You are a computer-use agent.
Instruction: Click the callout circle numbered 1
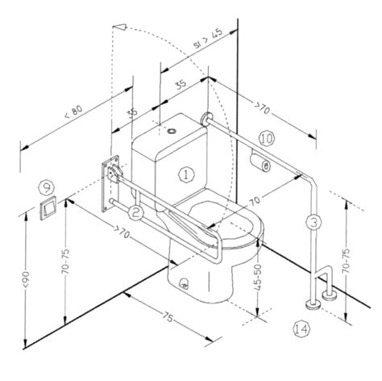point(186,175)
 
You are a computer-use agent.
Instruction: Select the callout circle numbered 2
point(135,213)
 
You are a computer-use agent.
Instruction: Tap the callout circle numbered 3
point(313,222)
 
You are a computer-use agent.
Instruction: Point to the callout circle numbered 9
point(47,187)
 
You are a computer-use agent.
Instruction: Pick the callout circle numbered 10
point(267,139)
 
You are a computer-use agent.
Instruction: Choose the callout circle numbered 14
point(301,329)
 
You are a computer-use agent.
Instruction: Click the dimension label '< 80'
point(73,112)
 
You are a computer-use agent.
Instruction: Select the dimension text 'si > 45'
point(209,39)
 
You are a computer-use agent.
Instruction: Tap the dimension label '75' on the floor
point(168,317)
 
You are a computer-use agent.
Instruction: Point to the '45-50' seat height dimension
point(258,277)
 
